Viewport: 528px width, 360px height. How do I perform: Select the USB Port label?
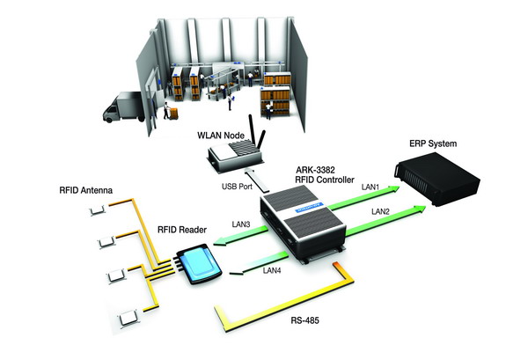point(238,187)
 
